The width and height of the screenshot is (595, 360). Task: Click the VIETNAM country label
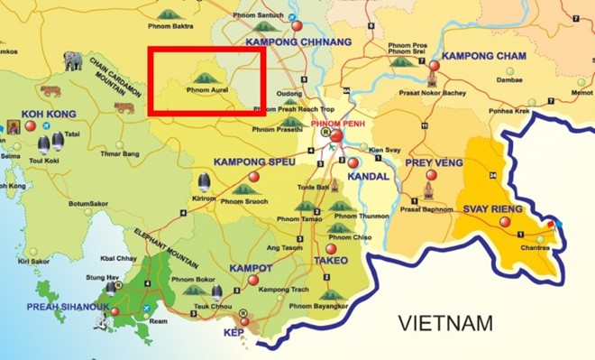coord(447,323)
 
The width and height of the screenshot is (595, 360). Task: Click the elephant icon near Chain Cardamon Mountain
coord(73,61)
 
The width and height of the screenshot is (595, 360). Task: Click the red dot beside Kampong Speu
coord(253,176)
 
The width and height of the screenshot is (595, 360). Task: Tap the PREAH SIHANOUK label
coord(66,307)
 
